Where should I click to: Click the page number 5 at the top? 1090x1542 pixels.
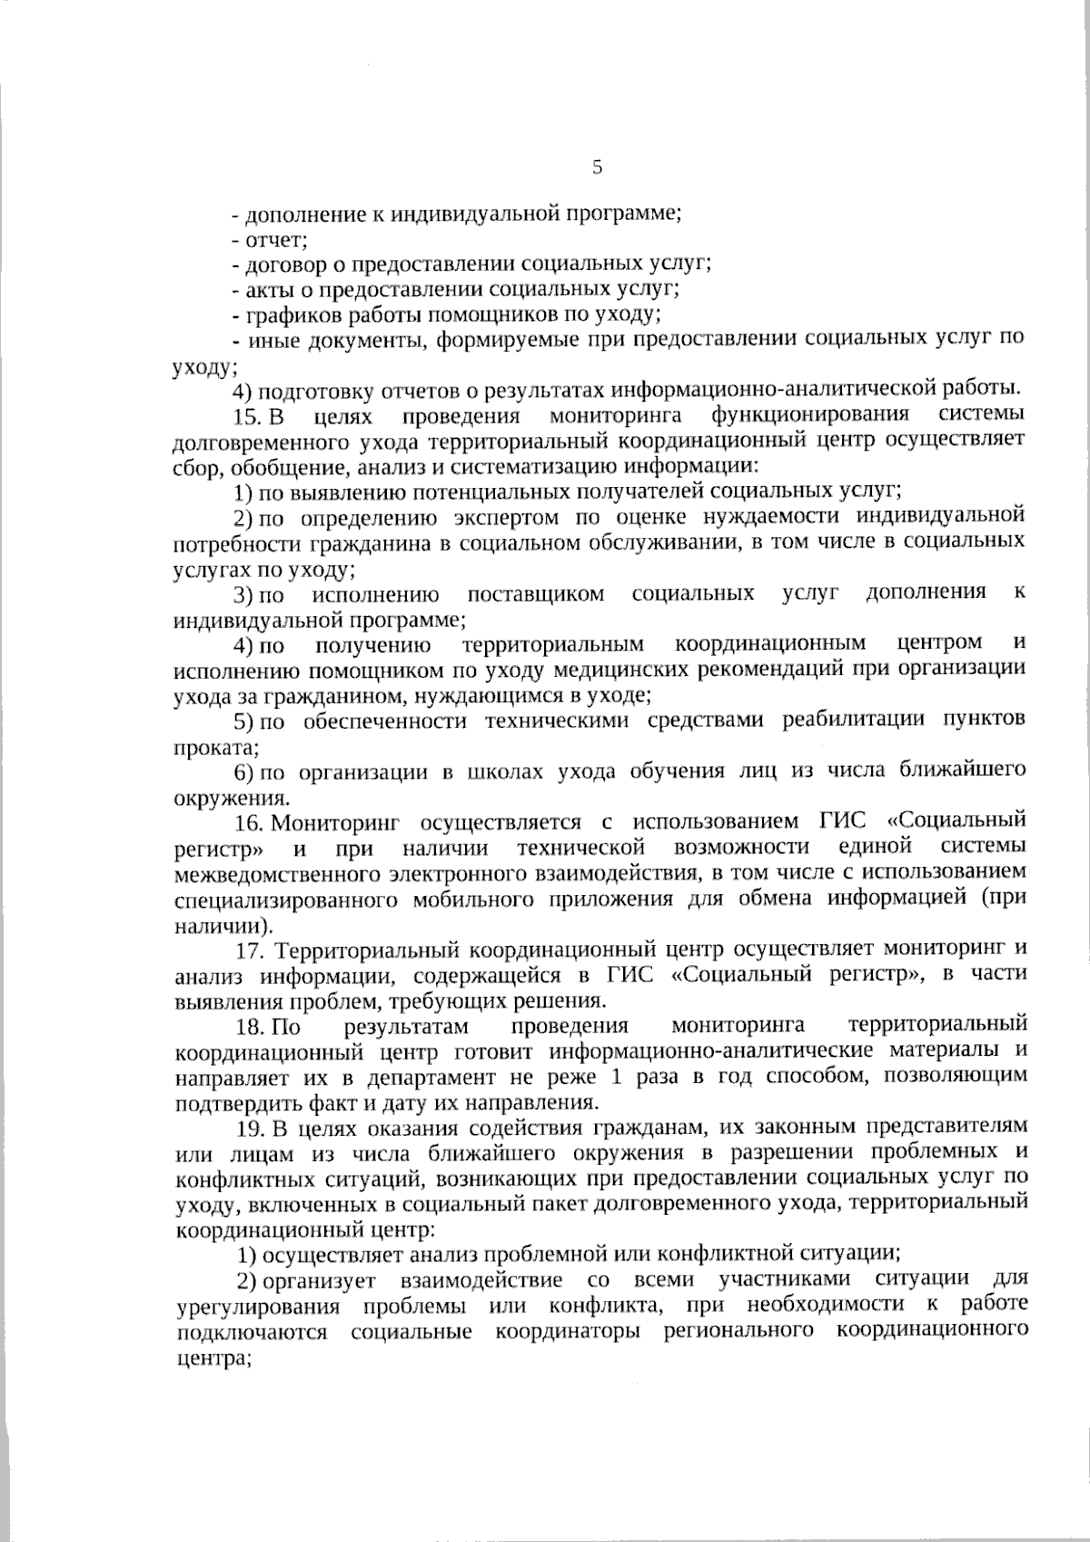pyautogui.click(x=597, y=167)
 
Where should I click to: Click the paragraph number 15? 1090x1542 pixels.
pyautogui.click(x=247, y=417)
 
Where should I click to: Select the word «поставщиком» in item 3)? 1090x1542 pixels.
pyautogui.click(x=535, y=595)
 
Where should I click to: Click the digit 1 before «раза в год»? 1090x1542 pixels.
pyautogui.click(x=617, y=1077)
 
